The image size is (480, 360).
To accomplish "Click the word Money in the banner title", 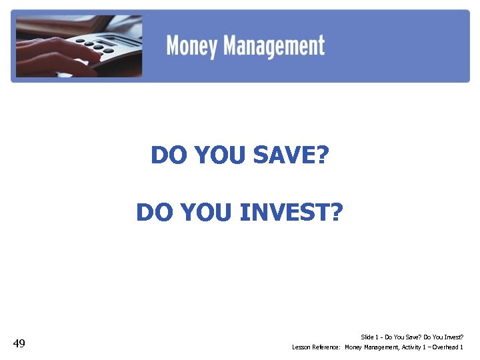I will coord(192,46).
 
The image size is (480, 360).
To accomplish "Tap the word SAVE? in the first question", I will coord(293,155).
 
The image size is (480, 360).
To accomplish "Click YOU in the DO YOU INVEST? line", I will coord(207,213).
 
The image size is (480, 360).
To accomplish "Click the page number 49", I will coord(19,343).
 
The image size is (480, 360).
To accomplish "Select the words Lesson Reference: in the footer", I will coord(316,347).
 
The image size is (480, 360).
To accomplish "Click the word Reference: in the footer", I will coord(325,347).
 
